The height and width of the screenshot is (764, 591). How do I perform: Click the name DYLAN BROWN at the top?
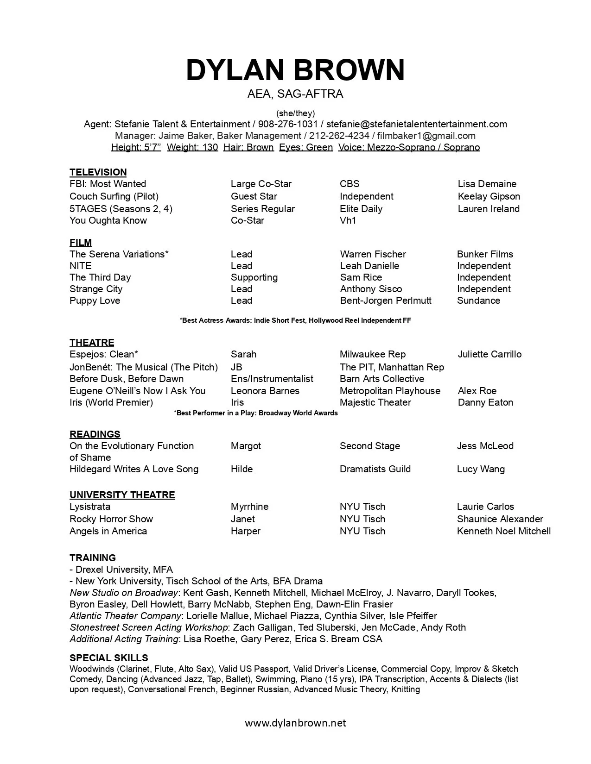click(x=295, y=70)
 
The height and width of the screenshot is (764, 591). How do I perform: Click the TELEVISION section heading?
click(x=98, y=172)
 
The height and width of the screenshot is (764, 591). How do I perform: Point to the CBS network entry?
click(x=350, y=184)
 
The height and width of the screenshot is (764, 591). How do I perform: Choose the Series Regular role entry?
click(x=262, y=209)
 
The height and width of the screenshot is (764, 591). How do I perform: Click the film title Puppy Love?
click(x=95, y=301)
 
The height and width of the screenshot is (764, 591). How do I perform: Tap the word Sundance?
click(x=478, y=301)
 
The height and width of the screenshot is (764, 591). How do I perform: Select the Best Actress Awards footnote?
click(x=295, y=320)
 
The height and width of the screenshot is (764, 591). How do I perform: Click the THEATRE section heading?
click(x=92, y=343)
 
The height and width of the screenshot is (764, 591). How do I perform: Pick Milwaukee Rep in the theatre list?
click(x=372, y=354)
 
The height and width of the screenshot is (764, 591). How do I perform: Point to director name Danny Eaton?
click(x=485, y=402)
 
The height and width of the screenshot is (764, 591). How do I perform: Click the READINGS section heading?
click(x=95, y=434)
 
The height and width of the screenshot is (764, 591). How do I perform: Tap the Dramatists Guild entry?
click(x=375, y=469)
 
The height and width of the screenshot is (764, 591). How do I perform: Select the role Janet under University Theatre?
click(x=242, y=519)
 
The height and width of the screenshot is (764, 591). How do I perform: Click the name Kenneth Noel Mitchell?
click(x=504, y=531)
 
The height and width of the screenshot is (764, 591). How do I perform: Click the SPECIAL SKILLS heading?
click(x=108, y=658)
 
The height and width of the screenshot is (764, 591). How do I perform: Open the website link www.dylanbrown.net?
click(x=295, y=723)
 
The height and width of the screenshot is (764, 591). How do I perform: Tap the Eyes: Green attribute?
click(x=306, y=147)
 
